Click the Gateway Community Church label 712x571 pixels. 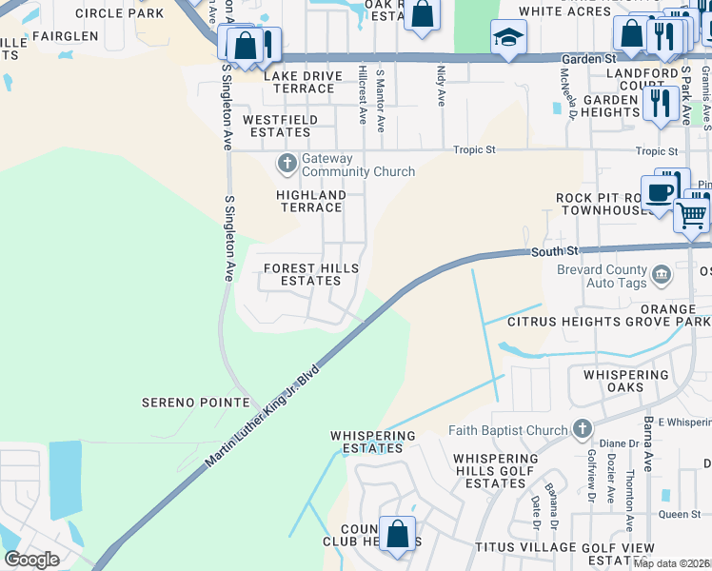(x=358, y=165)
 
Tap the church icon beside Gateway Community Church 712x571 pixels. (x=287, y=164)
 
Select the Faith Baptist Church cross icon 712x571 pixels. (x=583, y=430)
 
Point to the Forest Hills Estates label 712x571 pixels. (x=311, y=275)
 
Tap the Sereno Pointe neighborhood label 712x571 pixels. (x=195, y=403)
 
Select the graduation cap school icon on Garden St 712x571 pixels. (x=508, y=38)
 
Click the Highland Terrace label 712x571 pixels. (x=311, y=201)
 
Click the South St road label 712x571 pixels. (x=547, y=252)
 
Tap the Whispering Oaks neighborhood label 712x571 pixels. (x=626, y=381)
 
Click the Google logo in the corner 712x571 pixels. (x=31, y=559)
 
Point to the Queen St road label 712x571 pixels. (x=680, y=515)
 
